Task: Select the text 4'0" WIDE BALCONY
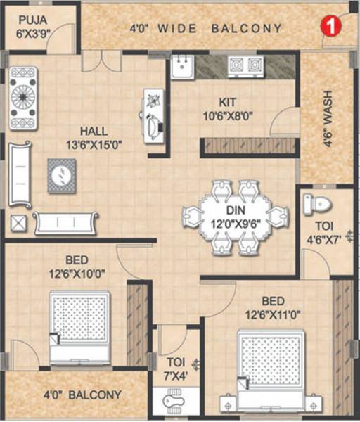pos(206,29)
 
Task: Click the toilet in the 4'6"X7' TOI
pos(317,204)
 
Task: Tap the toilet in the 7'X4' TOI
pos(172,402)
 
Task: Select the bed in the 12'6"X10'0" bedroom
pos(79,328)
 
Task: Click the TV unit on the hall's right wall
pos(153,116)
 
